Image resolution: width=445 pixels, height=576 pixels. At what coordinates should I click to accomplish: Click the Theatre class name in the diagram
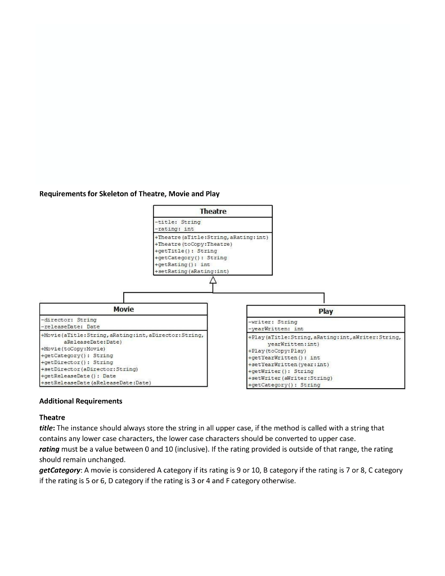[213, 211]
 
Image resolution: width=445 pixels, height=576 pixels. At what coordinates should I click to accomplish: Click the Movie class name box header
[123, 309]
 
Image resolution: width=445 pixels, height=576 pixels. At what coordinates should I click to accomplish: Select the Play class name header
[325, 311]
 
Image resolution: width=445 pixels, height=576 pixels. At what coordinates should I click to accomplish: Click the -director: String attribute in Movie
[68, 319]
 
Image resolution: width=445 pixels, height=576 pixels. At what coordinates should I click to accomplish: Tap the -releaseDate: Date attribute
[70, 326]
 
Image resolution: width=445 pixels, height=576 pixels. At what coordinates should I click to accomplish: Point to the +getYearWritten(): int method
[284, 358]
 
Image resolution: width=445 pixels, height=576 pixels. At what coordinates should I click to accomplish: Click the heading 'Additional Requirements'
[80, 401]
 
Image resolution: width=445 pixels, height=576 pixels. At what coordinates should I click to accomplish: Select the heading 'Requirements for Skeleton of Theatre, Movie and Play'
[129, 193]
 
